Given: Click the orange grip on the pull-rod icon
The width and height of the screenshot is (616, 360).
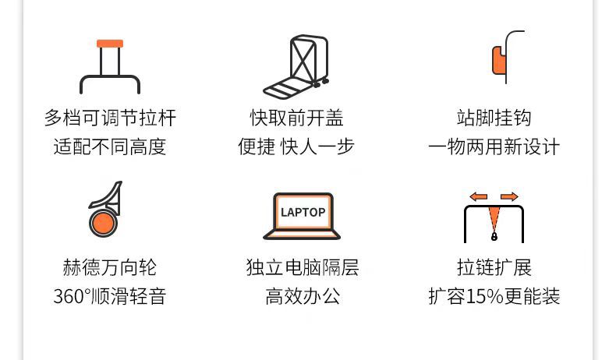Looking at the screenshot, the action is [x=110, y=44].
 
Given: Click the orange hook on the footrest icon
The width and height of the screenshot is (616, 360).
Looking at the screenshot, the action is [x=497, y=59].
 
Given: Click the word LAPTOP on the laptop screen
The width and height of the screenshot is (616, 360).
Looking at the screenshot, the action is [x=303, y=212].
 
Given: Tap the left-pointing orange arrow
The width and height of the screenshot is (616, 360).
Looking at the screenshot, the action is [x=479, y=197].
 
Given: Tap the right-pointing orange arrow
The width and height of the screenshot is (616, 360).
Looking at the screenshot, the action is [x=509, y=197].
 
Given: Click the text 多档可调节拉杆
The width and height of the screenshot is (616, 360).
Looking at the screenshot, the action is [x=110, y=118].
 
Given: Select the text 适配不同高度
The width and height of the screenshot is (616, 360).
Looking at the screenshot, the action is [x=110, y=146].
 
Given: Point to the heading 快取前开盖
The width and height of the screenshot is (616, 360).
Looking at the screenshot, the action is [x=296, y=118].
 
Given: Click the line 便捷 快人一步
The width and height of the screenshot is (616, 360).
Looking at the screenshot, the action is [x=296, y=146].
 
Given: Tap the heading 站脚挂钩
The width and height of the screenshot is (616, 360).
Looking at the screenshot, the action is [x=494, y=118].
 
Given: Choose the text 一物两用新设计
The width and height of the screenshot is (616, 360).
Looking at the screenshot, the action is [x=494, y=146].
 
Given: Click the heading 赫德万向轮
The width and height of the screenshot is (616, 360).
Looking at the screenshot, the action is [x=110, y=268].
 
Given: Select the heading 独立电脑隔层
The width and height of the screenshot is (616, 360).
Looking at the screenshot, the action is [x=303, y=268].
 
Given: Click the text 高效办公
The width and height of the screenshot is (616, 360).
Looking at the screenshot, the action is [x=303, y=297].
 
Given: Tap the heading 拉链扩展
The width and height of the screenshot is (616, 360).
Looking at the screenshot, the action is [x=494, y=268].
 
